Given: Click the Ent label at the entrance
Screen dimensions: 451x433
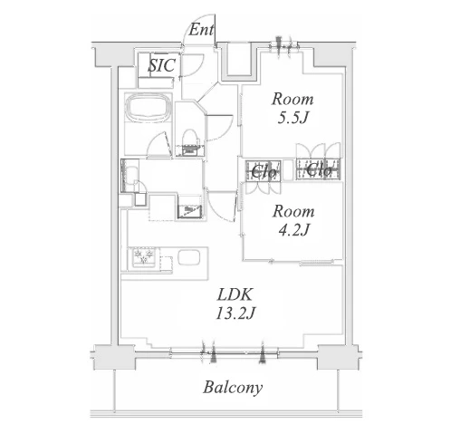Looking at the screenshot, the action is coord(201,30).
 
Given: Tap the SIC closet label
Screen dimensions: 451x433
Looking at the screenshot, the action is coord(162,65).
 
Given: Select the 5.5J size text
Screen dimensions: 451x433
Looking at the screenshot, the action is coord(293,118).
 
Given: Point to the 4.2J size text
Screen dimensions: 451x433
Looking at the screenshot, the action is coord(293,230).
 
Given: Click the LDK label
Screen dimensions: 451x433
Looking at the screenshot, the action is coord(235,294).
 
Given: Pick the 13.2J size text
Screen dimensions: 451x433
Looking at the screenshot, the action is coord(235,313).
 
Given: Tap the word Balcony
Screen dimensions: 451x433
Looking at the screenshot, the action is coord(233,388).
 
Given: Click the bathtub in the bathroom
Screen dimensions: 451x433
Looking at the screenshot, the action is coord(149,107).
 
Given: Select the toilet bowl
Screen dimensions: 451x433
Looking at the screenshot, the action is coord(189,139).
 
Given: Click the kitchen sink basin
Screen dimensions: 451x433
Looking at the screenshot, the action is coord(189,257).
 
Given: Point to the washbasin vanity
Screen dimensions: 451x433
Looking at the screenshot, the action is coord(130,176).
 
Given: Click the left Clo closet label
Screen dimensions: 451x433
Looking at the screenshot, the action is coord(264,172).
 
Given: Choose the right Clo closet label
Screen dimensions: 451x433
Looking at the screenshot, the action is coord(319,170).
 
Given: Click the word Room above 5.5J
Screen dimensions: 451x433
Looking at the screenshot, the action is coord(293,100).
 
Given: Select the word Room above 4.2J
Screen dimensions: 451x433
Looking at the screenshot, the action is coord(293,211).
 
